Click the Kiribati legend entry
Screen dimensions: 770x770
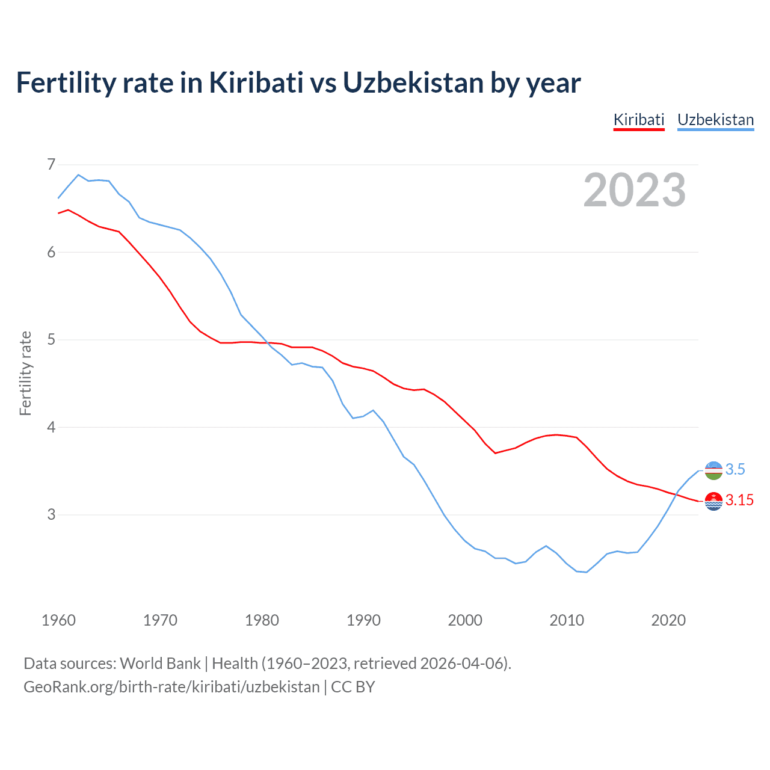pyautogui.click(x=638, y=120)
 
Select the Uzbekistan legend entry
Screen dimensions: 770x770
pyautogui.click(x=715, y=120)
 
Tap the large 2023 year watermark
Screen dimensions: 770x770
pyautogui.click(x=634, y=190)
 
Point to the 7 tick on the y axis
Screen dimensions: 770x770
pyautogui.click(x=51, y=164)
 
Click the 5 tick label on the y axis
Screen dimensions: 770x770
pyautogui.click(x=51, y=339)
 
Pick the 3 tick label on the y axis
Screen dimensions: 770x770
pyautogui.click(x=51, y=514)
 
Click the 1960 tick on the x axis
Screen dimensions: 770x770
pyautogui.click(x=58, y=620)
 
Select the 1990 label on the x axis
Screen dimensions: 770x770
pyautogui.click(x=363, y=620)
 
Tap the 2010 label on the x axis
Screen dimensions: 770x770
pyautogui.click(x=567, y=620)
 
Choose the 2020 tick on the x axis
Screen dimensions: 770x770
pyautogui.click(x=668, y=620)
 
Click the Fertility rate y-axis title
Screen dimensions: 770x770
pyautogui.click(x=25, y=373)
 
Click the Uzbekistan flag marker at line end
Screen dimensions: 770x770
pyautogui.click(x=713, y=470)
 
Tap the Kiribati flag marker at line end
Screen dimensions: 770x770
pyautogui.click(x=713, y=501)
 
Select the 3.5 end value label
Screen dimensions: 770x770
pyautogui.click(x=735, y=469)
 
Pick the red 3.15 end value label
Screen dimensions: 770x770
pyautogui.click(x=739, y=500)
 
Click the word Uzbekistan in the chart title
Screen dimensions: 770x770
pyautogui.click(x=413, y=82)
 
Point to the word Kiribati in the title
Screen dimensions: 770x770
pyautogui.click(x=256, y=82)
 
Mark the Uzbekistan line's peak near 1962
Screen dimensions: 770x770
pyautogui.click(x=78, y=174)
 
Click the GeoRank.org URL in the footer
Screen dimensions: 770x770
pyautogui.click(x=171, y=686)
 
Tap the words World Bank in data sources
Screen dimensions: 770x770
pyautogui.click(x=160, y=663)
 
